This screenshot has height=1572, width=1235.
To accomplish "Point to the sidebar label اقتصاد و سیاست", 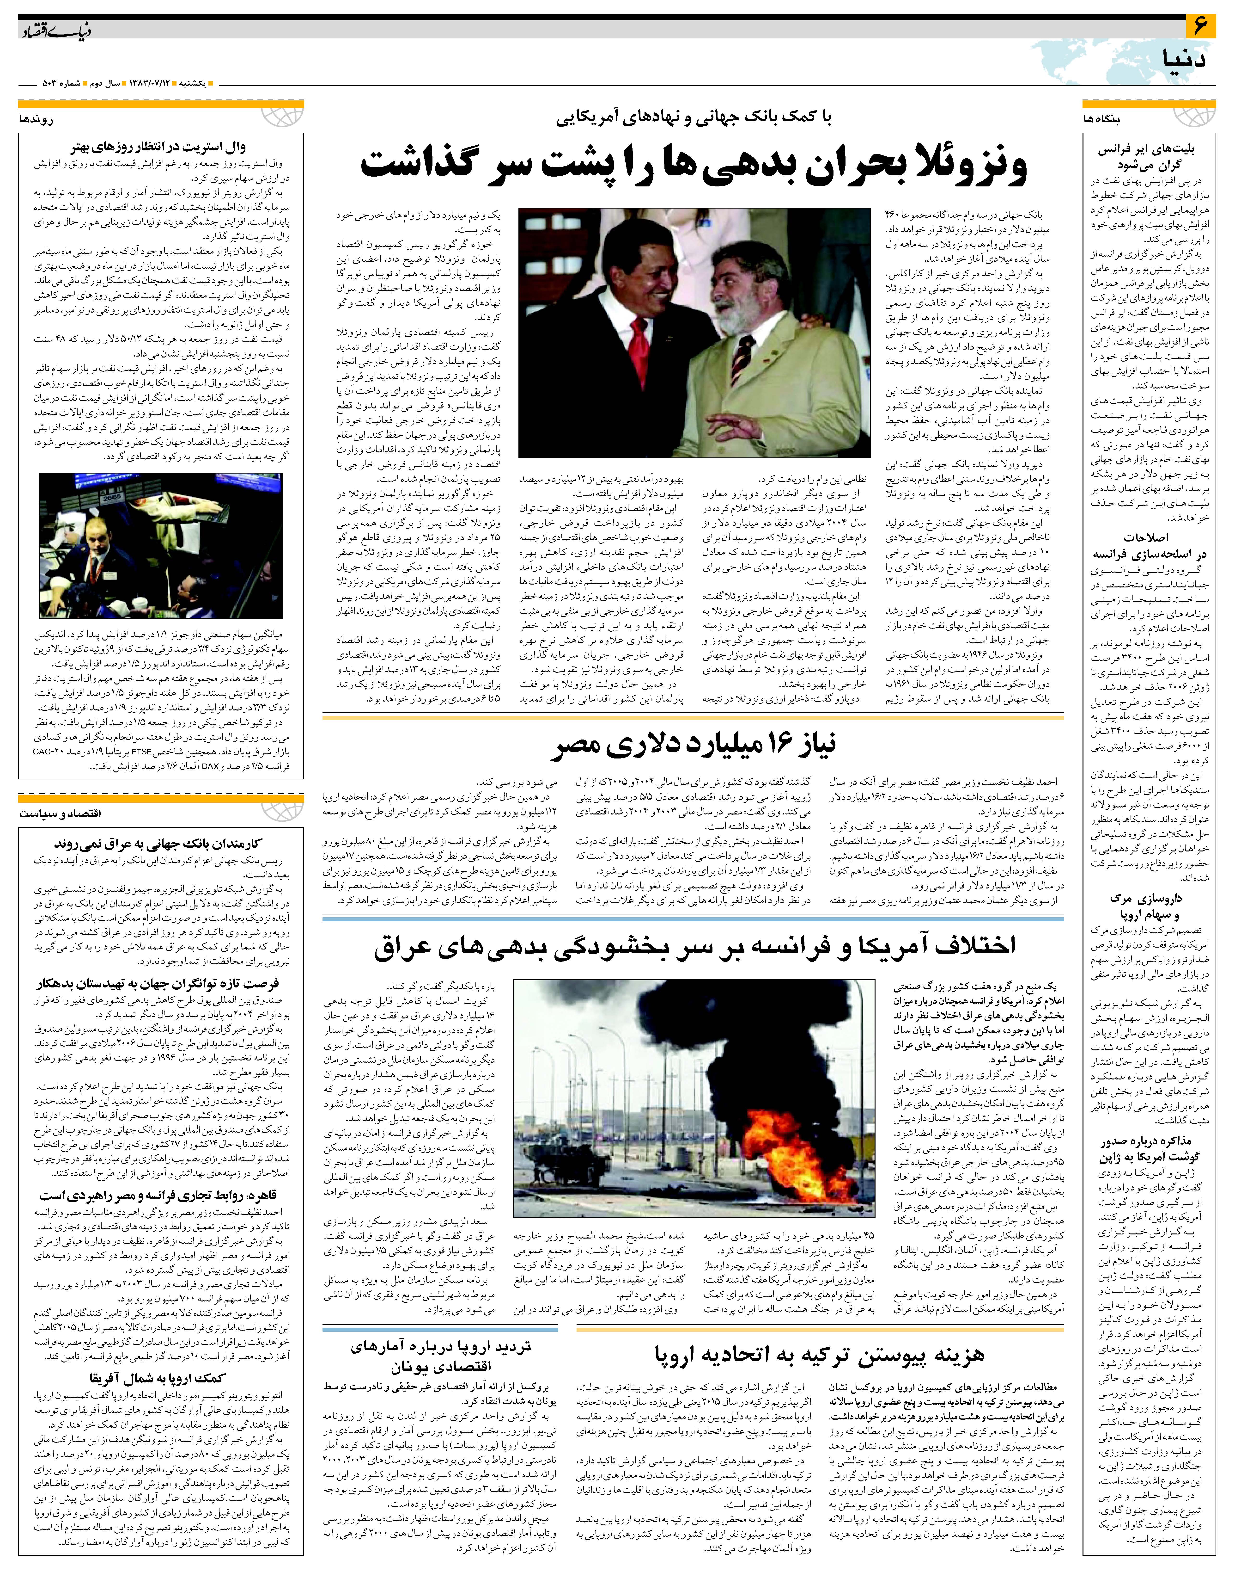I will pos(61,813).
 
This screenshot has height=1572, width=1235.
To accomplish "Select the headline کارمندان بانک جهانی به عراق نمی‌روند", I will pos(158,844).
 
